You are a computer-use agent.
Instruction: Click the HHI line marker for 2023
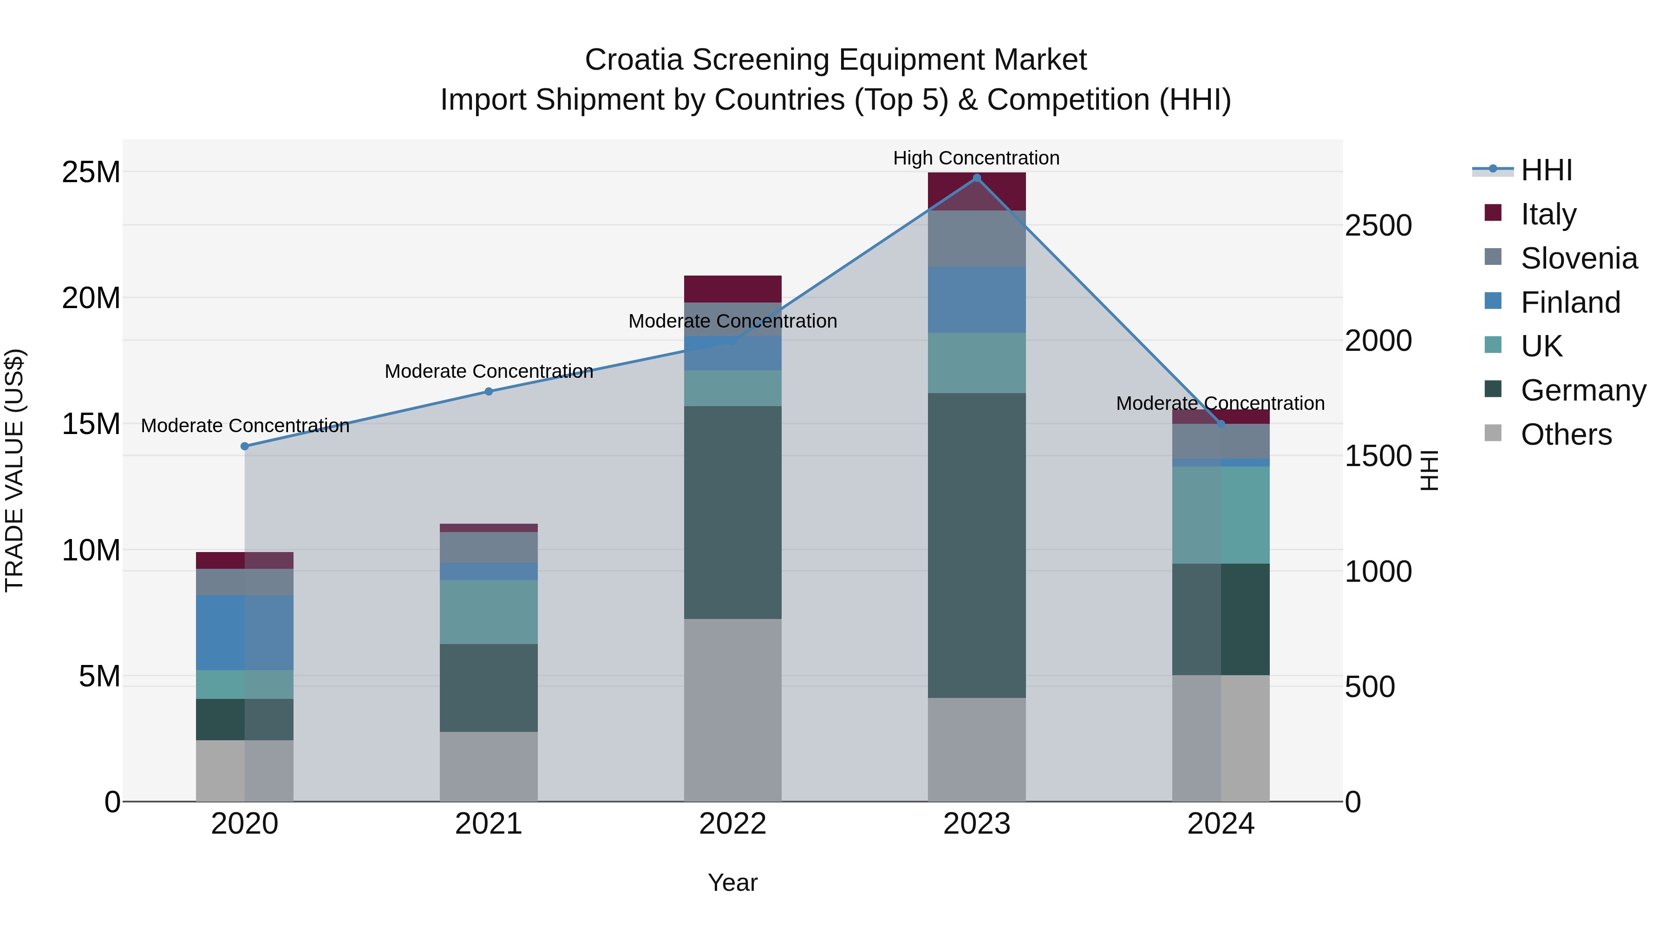(976, 178)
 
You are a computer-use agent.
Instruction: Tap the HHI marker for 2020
(245, 446)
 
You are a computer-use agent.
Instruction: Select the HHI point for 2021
(489, 392)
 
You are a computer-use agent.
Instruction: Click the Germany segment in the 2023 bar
(976, 546)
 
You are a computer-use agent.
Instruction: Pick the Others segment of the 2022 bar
(733, 710)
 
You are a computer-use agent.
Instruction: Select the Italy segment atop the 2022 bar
(733, 289)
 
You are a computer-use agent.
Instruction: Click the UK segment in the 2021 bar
(489, 612)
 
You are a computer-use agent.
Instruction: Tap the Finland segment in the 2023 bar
(976, 299)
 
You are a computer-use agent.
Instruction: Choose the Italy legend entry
(1548, 214)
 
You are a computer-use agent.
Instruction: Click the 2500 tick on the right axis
(1378, 226)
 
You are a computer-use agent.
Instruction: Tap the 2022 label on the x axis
(733, 824)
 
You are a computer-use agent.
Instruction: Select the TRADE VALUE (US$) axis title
(14, 470)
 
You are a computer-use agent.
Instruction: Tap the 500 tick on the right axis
(1370, 687)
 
